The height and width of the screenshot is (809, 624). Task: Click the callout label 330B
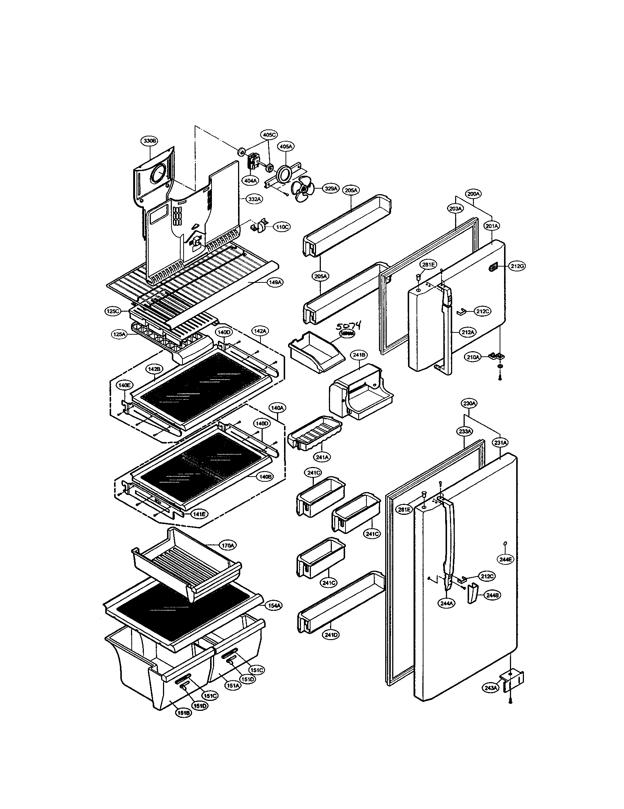(149, 141)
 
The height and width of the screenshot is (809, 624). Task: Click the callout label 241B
(359, 355)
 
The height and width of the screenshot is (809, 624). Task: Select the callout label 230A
(469, 403)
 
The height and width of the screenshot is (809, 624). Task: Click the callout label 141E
(200, 514)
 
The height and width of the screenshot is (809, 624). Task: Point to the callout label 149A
(275, 282)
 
